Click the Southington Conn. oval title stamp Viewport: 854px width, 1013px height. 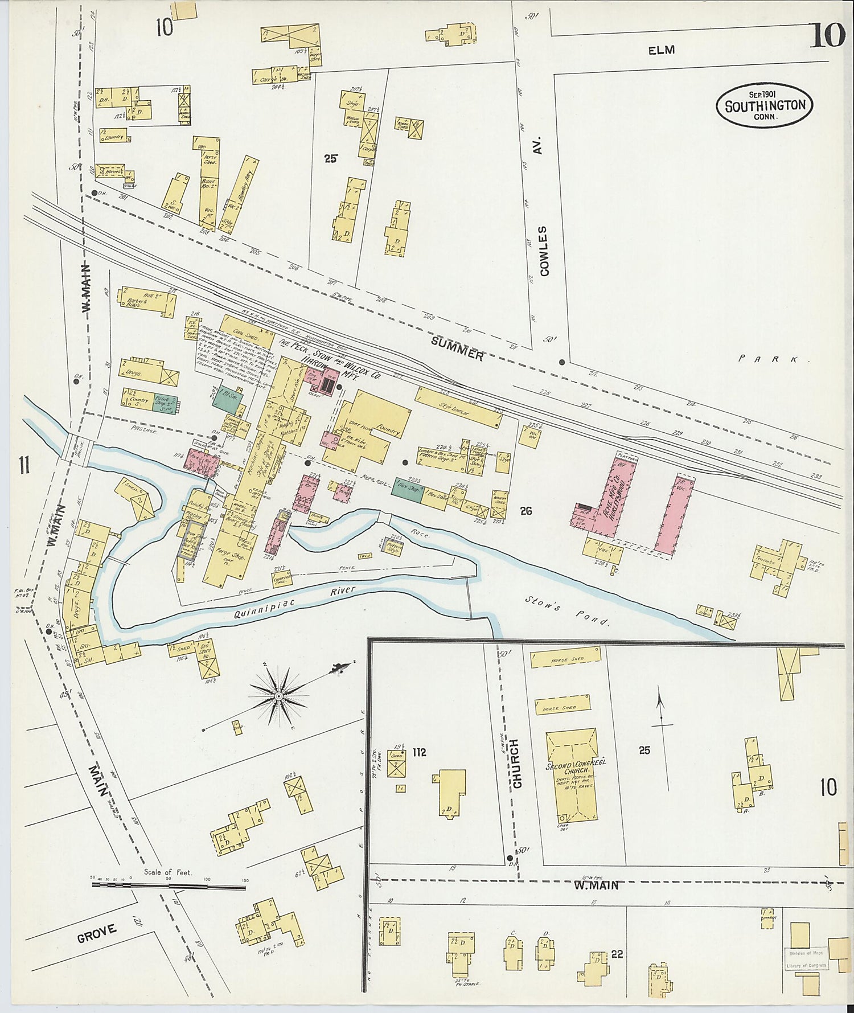click(764, 104)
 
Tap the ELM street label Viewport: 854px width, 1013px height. click(661, 50)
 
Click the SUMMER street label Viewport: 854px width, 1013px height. click(457, 349)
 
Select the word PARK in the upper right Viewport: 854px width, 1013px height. click(774, 359)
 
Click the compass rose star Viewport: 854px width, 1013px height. click(279, 696)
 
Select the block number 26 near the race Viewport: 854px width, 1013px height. click(525, 511)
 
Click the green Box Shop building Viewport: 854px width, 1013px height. click(407, 489)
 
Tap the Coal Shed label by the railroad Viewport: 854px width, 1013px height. click(245, 337)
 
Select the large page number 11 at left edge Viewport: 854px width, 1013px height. click(23, 466)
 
